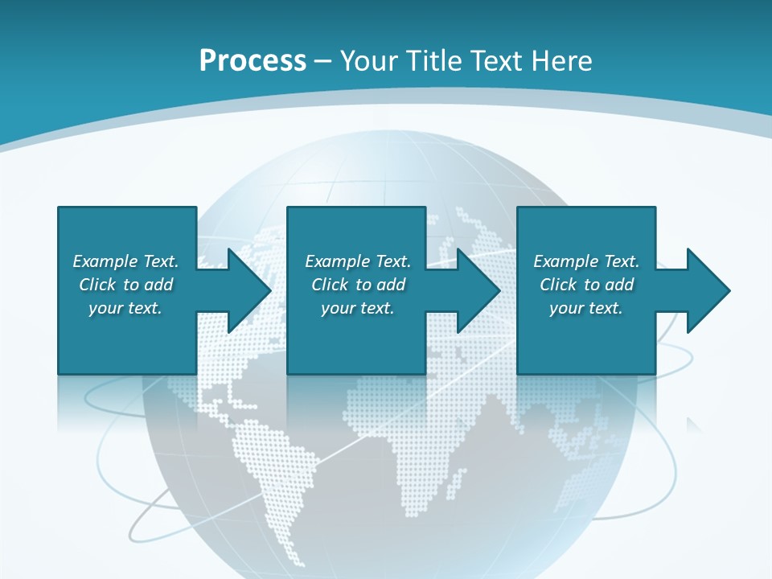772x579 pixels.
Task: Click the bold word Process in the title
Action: (253, 60)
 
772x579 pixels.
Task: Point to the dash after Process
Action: (323, 61)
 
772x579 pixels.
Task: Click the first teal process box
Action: (127, 233)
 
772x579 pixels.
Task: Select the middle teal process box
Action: (356, 233)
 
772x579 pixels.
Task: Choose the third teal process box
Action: (585, 233)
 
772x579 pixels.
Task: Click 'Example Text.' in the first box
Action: (125, 261)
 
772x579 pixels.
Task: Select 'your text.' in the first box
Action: (125, 308)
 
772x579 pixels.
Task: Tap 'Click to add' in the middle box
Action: (358, 285)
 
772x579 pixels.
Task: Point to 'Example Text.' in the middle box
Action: (358, 261)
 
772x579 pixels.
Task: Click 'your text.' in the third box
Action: (586, 308)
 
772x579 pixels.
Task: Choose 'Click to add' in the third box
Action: (586, 285)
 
